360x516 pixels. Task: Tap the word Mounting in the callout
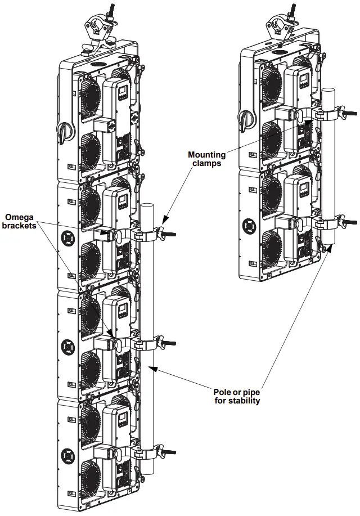(206, 154)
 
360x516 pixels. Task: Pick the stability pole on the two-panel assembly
(328, 169)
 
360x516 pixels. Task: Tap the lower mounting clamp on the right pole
(333, 222)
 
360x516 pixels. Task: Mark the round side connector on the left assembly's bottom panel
(67, 454)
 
